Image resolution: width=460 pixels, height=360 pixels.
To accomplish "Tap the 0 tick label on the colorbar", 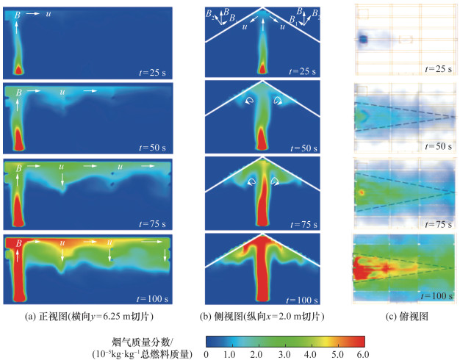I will (x=206, y=354).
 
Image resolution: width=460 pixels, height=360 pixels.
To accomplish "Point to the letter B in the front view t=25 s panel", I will (x=18, y=14).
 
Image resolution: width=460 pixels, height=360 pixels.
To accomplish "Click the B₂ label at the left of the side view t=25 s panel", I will (x=212, y=14).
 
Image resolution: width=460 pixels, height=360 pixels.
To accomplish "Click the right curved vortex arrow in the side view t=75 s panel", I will (x=275, y=178).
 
